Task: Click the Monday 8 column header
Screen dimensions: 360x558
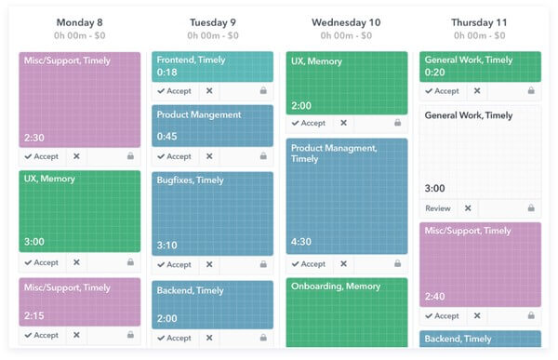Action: (x=79, y=22)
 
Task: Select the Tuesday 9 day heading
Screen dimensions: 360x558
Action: (x=212, y=22)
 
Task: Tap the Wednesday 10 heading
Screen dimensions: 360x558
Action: (x=346, y=22)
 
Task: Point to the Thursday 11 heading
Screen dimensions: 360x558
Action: (x=480, y=22)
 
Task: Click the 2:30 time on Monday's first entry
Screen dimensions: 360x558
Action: (x=33, y=137)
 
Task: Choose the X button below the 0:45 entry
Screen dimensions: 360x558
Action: (x=209, y=156)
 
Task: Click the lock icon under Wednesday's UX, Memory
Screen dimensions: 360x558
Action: (x=397, y=123)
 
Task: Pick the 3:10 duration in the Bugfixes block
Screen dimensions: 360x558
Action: (x=167, y=246)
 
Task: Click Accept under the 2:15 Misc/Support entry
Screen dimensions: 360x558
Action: (x=42, y=335)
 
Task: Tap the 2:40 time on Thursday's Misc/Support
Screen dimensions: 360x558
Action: (x=435, y=297)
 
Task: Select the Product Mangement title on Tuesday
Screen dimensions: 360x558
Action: (x=199, y=114)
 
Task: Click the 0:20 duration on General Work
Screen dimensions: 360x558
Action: (x=434, y=73)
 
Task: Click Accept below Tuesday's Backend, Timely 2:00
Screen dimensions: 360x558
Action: (x=175, y=338)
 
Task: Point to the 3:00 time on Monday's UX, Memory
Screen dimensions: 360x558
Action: (x=33, y=242)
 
